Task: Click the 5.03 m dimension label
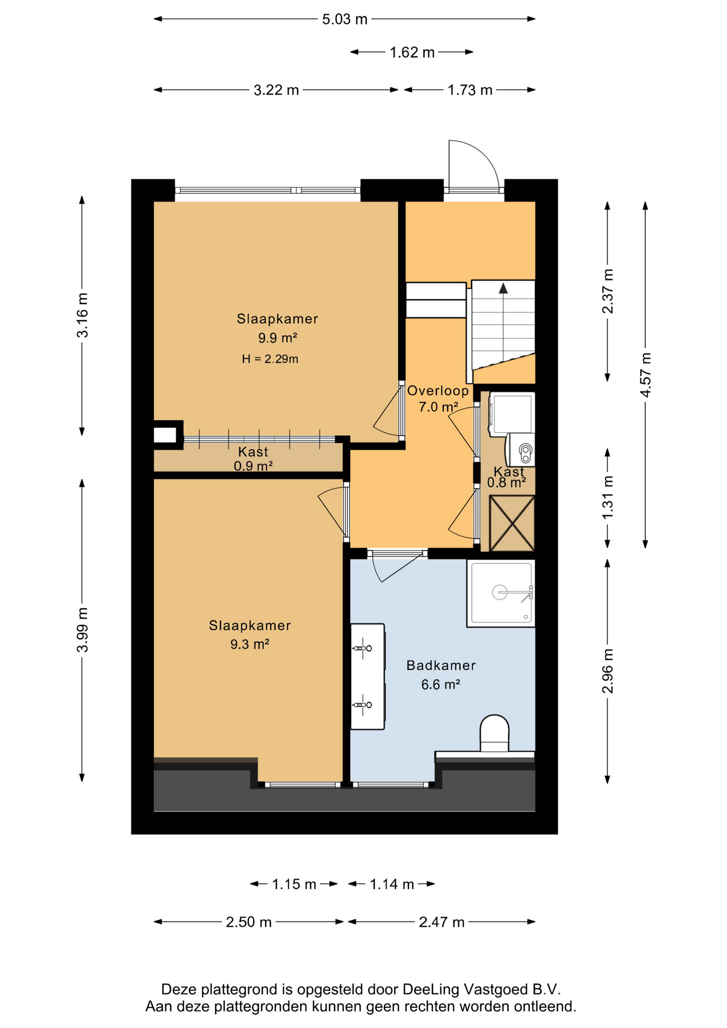[345, 19]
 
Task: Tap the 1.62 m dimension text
[412, 52]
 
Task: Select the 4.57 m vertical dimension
[646, 375]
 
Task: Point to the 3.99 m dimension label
[82, 630]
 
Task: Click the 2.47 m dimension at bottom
[442, 922]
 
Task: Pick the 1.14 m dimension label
[392, 884]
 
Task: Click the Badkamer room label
[441, 666]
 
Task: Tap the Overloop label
[438, 391]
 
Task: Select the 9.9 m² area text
[277, 338]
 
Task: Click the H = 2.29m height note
[270, 359]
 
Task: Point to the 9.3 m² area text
[249, 644]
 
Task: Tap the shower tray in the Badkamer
[501, 593]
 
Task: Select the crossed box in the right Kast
[512, 523]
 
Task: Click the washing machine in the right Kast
[512, 413]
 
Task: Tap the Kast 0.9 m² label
[253, 459]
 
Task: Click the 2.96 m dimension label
[608, 671]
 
